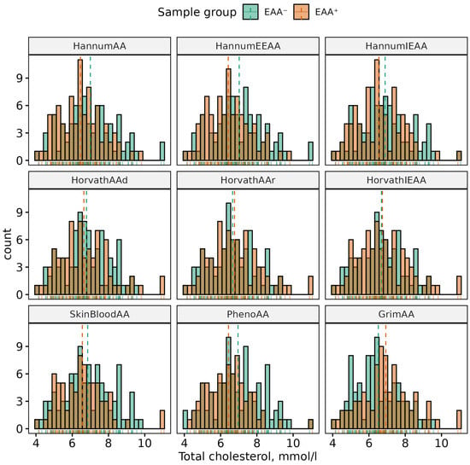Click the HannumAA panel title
pos(99,46)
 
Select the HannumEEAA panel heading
pos(248,46)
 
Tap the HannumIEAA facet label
pos(397,46)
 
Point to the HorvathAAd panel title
pos(99,180)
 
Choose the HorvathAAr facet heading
pos(248,180)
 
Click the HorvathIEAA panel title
pos(397,180)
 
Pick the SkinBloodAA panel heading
pos(99,314)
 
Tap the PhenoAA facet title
pos(248,314)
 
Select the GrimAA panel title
pos(397,314)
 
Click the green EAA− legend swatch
pos(250,12)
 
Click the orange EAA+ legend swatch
pos(301,12)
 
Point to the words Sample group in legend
pos(197,13)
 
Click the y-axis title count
pos(7,244)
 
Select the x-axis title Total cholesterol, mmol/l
pos(248,456)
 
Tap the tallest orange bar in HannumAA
pos(80,110)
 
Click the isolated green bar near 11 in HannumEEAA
pos(311,151)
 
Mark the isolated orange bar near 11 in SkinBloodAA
pos(162,420)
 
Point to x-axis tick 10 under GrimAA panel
pos(441,443)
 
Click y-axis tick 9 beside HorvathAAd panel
pos(20,212)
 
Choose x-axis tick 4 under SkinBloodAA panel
pos(36,443)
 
